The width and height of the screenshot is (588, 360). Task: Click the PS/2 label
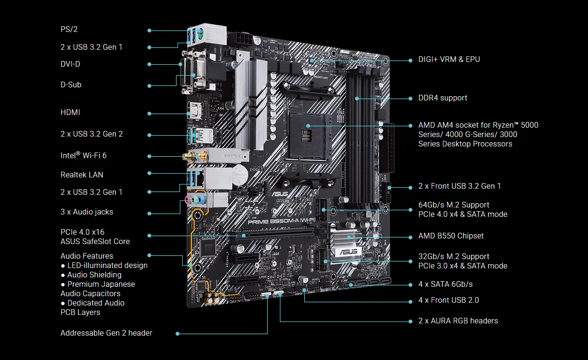[69, 30]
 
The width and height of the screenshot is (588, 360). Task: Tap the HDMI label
[70, 113]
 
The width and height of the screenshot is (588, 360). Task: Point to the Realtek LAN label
[82, 175]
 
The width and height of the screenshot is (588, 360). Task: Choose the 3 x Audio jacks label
[87, 212]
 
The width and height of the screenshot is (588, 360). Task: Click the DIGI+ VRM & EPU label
[449, 60]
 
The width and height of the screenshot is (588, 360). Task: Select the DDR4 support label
[442, 98]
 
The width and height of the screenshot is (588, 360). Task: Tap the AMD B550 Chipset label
[451, 236]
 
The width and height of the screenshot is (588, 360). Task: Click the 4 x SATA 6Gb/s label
[445, 284]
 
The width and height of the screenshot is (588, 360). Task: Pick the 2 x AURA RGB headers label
[458, 321]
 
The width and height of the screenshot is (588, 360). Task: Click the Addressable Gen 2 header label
[106, 333]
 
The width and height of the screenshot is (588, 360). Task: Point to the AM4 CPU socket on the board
[308, 126]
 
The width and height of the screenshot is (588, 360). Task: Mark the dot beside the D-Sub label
[149, 85]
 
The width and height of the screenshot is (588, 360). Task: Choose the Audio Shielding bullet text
[94, 275]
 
